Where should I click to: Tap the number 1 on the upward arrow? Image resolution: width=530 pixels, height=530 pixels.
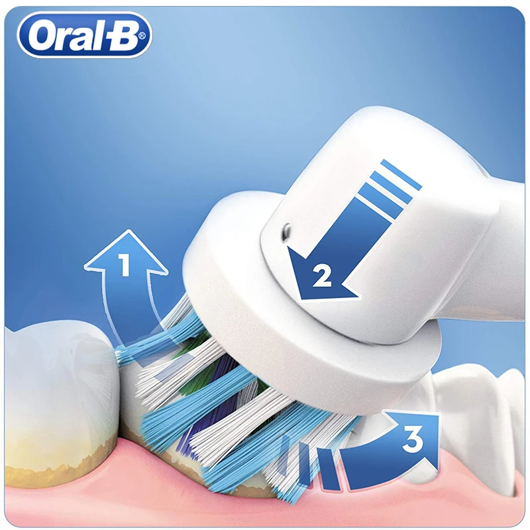(124, 266)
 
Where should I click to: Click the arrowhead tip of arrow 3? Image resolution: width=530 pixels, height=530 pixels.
(438, 414)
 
